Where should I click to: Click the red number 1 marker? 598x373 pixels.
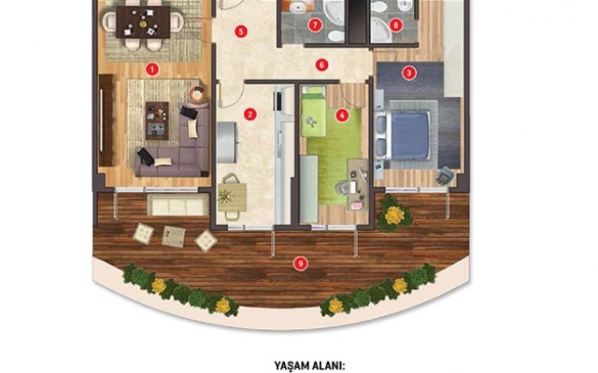pyautogui.click(x=151, y=69)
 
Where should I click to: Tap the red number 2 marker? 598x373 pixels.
pyautogui.click(x=249, y=114)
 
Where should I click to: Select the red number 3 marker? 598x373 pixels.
pyautogui.click(x=409, y=73)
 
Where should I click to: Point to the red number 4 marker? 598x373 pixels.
pyautogui.click(x=342, y=115)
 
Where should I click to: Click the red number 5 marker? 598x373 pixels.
pyautogui.click(x=240, y=31)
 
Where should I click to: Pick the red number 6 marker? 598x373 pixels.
pyautogui.click(x=321, y=64)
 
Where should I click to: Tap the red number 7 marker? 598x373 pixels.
pyautogui.click(x=315, y=25)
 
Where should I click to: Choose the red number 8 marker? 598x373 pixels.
pyautogui.click(x=396, y=25)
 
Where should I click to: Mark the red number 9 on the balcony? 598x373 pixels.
pyautogui.click(x=301, y=263)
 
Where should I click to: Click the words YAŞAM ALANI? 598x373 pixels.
pyautogui.click(x=309, y=366)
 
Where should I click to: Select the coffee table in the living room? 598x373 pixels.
pyautogui.click(x=157, y=120)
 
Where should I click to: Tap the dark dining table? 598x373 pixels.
pyautogui.click(x=143, y=22)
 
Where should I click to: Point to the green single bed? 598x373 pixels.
pyautogui.click(x=313, y=112)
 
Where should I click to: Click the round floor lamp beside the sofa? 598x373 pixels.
pyautogui.click(x=197, y=93)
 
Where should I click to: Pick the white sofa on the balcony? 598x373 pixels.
pyautogui.click(x=178, y=204)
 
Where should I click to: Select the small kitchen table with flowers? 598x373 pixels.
pyautogui.click(x=233, y=198)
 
